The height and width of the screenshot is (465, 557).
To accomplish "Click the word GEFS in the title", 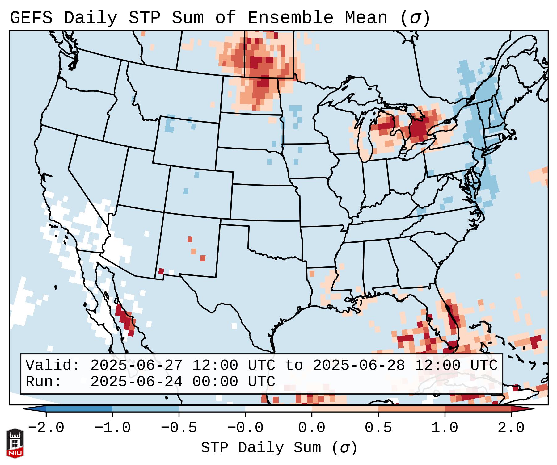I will pyautogui.click(x=31, y=18).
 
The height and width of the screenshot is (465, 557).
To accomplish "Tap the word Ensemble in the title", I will pyautogui.click(x=290, y=18).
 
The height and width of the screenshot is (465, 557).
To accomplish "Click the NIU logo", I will pyautogui.click(x=15, y=443).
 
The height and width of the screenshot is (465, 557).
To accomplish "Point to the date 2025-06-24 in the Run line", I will pyautogui.click(x=136, y=382).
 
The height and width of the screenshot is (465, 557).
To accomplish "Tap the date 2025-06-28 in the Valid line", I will pyautogui.click(x=359, y=366).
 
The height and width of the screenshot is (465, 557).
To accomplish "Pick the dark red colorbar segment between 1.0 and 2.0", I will pyautogui.click(x=478, y=409).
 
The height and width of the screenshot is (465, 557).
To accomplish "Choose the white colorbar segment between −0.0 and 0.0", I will pyautogui.click(x=278, y=409).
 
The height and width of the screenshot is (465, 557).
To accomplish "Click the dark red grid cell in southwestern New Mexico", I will pyautogui.click(x=161, y=271).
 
